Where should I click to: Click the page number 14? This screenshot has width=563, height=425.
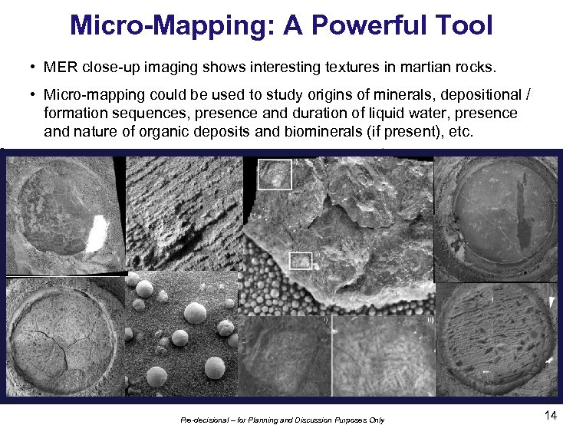(549, 415)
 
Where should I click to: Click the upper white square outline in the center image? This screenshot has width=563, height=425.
(275, 175)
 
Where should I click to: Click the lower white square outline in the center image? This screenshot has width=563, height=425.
(301, 262)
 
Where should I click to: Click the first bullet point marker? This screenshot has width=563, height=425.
(35, 68)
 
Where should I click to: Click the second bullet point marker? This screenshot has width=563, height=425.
(35, 95)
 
